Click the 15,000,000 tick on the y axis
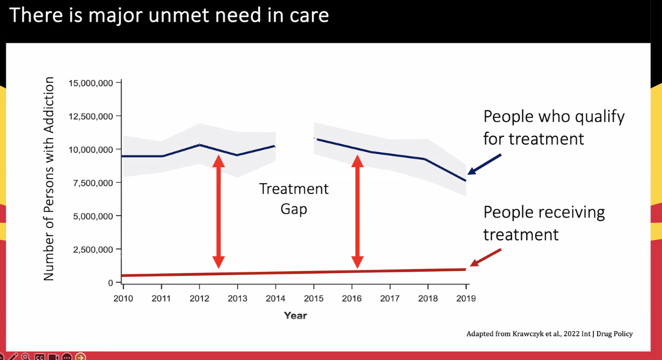[x=91, y=83]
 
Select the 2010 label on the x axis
[x=123, y=298]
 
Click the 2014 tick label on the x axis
[x=276, y=298]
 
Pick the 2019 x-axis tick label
[x=466, y=298]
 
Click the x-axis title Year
[x=295, y=315]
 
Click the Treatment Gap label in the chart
[x=294, y=199]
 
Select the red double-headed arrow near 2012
[x=219, y=211]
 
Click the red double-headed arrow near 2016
[x=357, y=211]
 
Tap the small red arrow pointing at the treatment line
[x=485, y=257]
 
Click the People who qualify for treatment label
[x=554, y=127]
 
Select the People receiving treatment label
[x=544, y=223]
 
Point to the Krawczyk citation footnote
[x=549, y=334]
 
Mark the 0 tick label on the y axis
[x=110, y=282]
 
